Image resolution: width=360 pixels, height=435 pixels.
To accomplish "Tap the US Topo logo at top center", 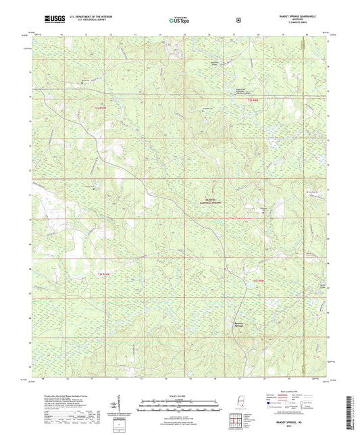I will click(x=179, y=20).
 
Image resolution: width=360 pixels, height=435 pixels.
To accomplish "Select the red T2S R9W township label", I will click(x=253, y=101).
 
